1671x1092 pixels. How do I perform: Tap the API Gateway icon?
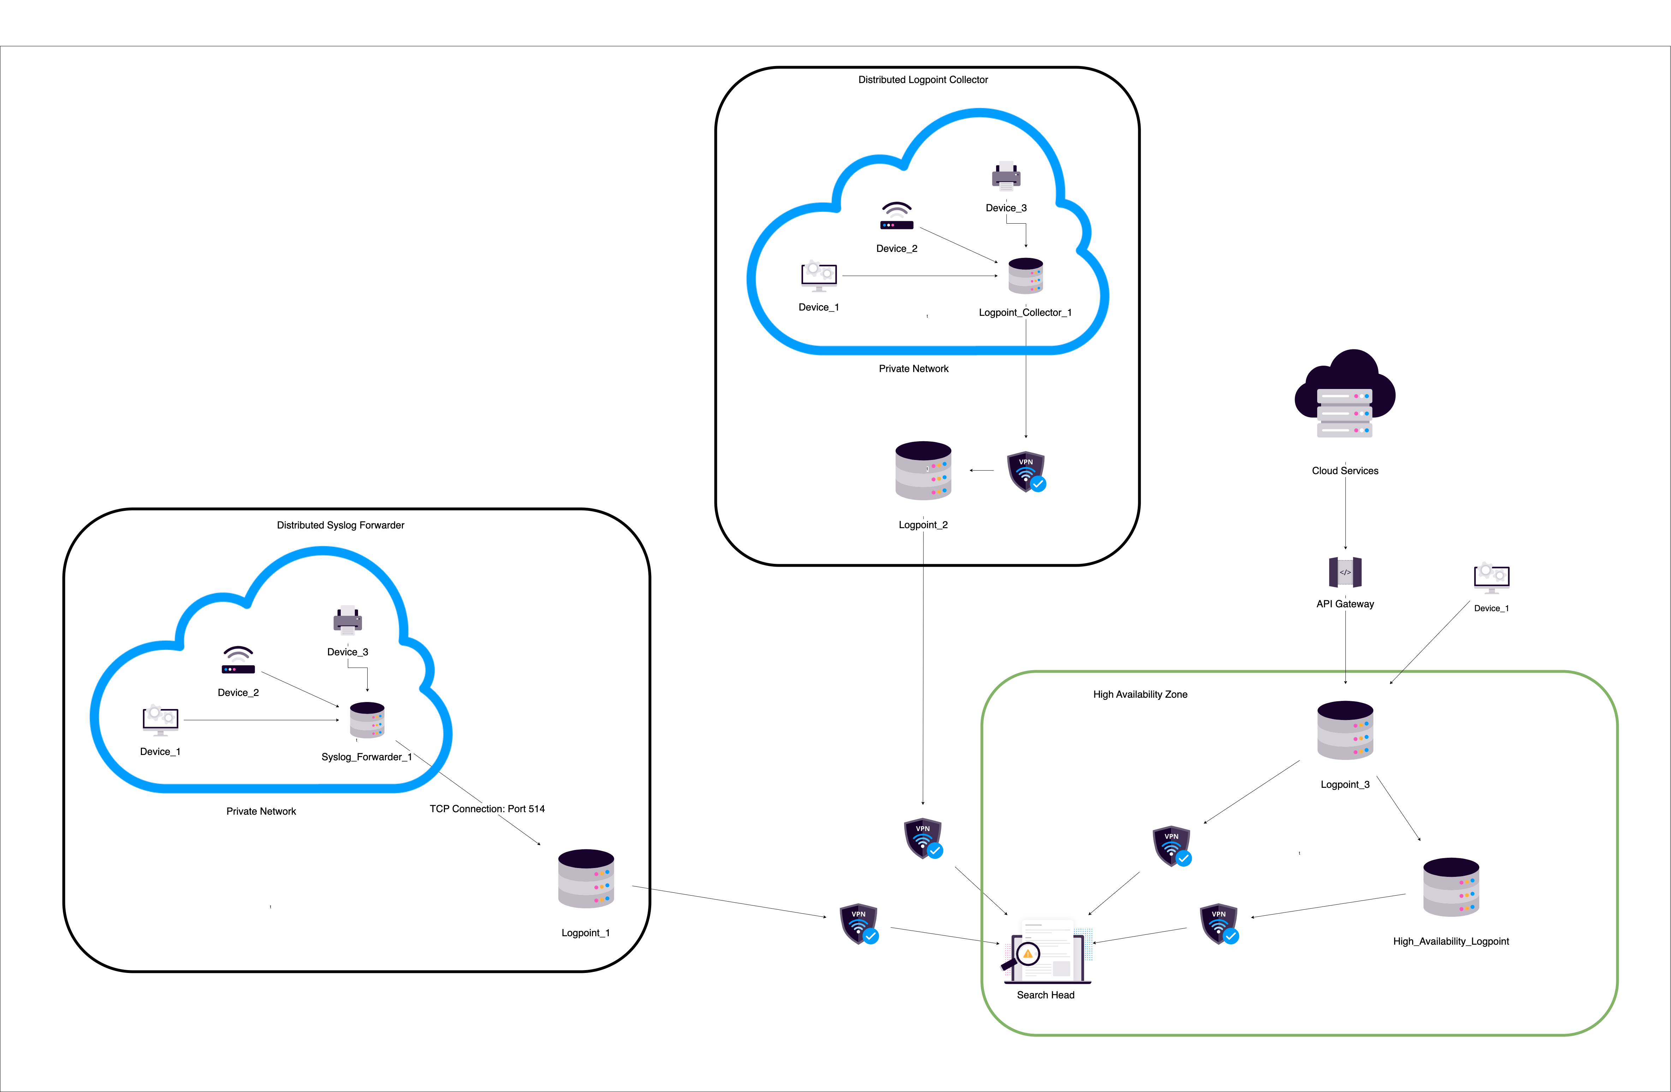coord(1344,572)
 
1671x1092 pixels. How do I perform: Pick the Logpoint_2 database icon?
coord(923,471)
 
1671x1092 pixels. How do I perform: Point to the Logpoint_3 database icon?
coord(1344,730)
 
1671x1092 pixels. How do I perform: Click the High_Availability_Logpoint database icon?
coord(1451,887)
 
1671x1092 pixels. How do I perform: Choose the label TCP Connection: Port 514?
coord(487,809)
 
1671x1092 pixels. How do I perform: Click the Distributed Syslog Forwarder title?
coord(340,525)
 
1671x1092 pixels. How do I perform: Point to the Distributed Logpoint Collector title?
coord(923,80)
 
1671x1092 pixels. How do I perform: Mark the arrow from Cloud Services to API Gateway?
coord(1345,513)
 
